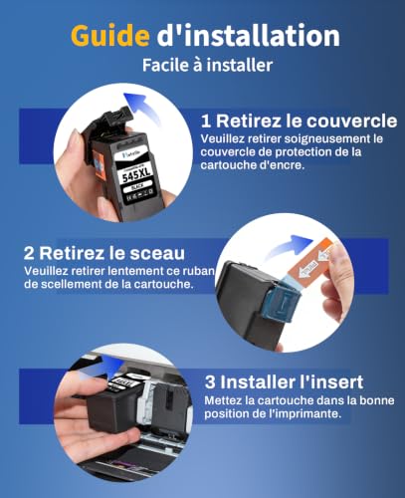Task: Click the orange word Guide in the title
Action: [x=110, y=36]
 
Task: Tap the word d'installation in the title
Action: [x=248, y=35]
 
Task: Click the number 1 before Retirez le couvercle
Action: [x=206, y=122]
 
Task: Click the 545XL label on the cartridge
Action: [x=136, y=174]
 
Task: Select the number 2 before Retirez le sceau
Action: [x=29, y=254]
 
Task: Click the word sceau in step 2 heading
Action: [x=157, y=254]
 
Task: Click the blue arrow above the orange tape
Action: [x=292, y=245]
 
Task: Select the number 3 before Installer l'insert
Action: [x=210, y=382]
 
